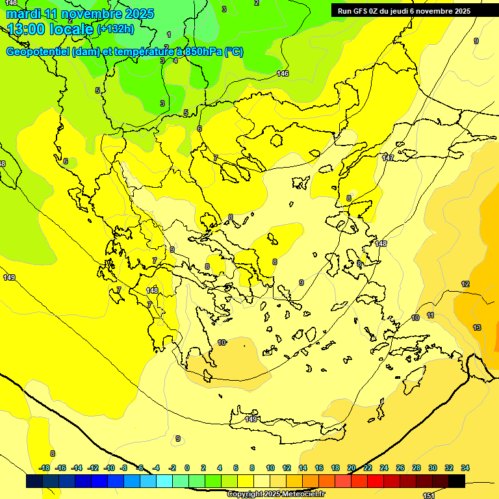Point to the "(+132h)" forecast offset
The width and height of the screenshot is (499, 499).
pos(116,29)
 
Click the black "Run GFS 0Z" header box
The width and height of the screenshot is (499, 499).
pos(414,10)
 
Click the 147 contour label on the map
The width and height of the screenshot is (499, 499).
pos(388,158)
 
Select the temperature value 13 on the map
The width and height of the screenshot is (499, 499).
pos(477,327)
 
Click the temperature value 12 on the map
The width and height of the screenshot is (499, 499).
pos(465,284)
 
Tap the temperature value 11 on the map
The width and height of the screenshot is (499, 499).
pos(430,315)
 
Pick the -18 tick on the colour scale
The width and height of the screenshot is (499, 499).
pos(45,468)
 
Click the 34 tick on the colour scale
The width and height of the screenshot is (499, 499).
pos(465,468)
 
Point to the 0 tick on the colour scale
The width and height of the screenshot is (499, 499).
pos(187,468)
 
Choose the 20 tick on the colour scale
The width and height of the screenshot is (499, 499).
pos(352,468)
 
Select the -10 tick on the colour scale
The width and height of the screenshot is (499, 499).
pos(109,468)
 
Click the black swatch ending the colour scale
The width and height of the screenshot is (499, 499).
pos(457,481)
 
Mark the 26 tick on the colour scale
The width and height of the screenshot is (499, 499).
pos(400,468)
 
